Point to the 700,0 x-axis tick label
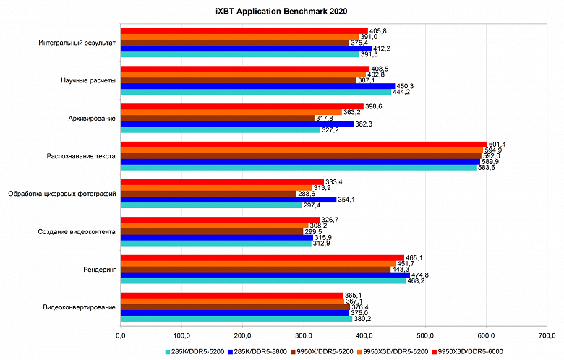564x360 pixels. pos(547,335)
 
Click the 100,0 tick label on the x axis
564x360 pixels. pos(181,335)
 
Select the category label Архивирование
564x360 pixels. pos(90,118)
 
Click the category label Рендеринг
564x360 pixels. pos(99,269)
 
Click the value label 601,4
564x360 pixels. pos(497,144)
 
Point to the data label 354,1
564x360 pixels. pos(347,199)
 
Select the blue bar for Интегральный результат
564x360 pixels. pos(246,48)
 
